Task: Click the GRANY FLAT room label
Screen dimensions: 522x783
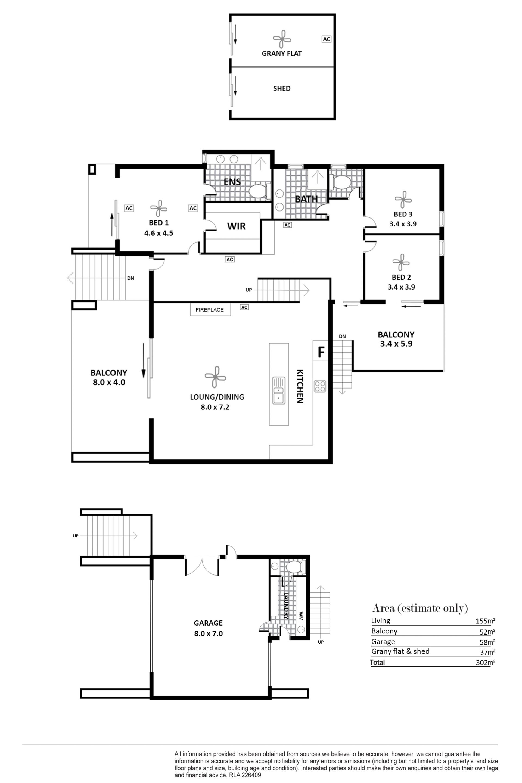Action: click(x=282, y=54)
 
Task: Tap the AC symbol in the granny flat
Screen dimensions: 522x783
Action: click(x=327, y=39)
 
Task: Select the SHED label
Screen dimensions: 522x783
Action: click(x=282, y=89)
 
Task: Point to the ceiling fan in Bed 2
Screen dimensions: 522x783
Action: click(x=401, y=262)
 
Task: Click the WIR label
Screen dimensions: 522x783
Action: click(x=236, y=226)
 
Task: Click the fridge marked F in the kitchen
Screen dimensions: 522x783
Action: click(x=321, y=352)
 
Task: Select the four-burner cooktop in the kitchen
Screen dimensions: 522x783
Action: click(x=320, y=386)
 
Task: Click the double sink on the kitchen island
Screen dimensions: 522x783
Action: click(x=279, y=390)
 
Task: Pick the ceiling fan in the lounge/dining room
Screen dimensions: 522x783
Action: click(x=215, y=377)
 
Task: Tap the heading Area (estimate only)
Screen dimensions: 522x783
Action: click(x=420, y=608)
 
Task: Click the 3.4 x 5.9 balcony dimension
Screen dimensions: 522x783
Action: click(x=396, y=344)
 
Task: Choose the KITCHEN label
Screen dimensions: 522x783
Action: click(x=300, y=386)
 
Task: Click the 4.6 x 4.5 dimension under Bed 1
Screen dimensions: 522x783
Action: click(x=159, y=233)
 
